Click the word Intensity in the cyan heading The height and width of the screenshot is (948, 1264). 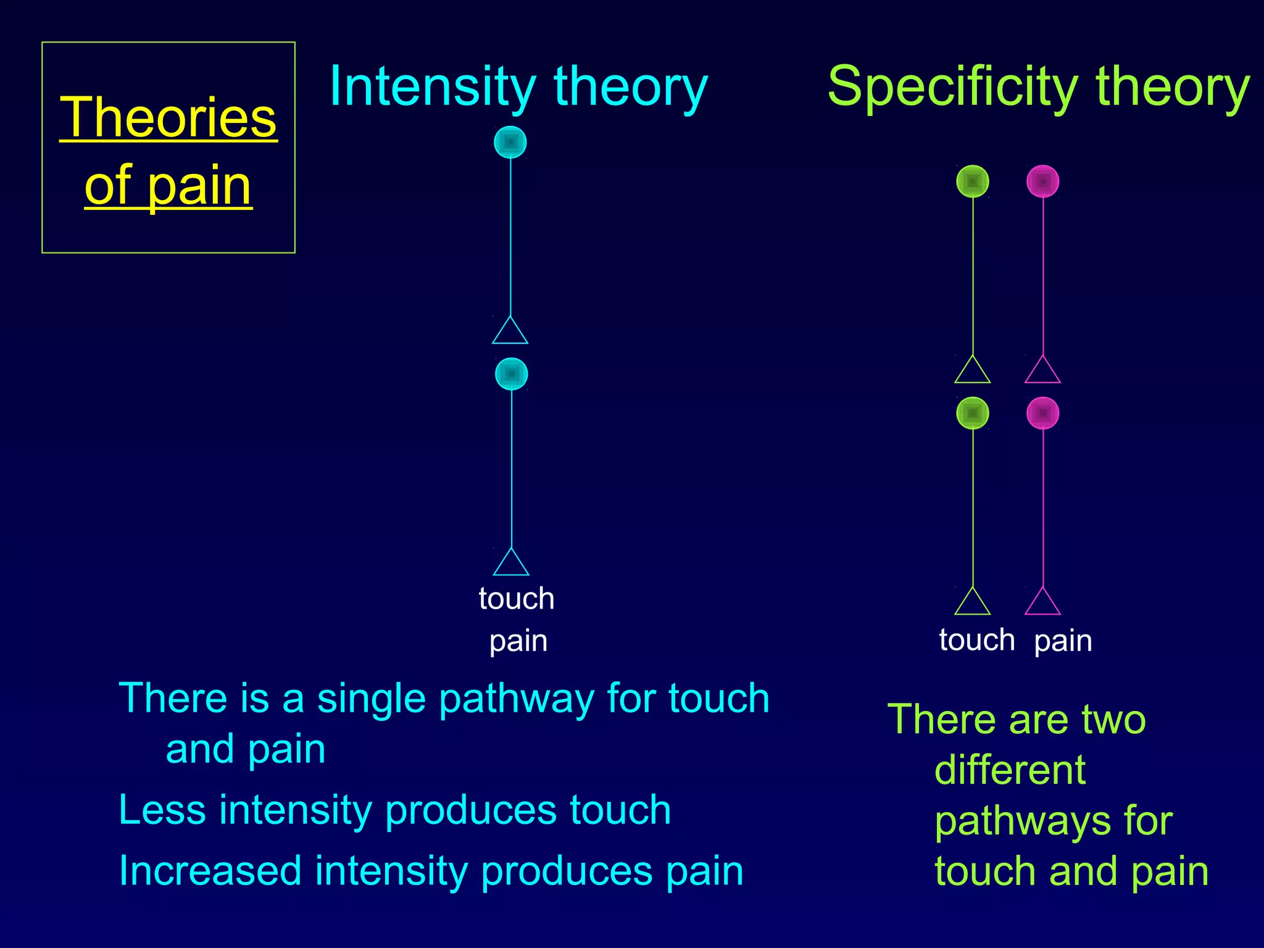(432, 87)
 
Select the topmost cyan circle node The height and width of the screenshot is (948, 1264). (510, 143)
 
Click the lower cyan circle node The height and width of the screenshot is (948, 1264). (512, 374)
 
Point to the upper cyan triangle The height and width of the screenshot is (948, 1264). (510, 332)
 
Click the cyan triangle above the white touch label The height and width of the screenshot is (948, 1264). (511, 563)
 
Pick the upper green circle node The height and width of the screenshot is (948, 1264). (973, 181)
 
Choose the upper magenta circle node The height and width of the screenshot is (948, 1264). (1043, 181)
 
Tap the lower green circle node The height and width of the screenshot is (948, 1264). (973, 413)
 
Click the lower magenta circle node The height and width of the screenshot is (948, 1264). (1043, 413)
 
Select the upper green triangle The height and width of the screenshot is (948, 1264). (973, 372)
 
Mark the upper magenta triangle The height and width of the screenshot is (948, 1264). (1043, 372)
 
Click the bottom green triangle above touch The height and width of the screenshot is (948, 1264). (973, 603)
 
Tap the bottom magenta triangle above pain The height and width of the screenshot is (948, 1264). (1043, 603)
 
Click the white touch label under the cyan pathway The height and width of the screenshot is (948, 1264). (517, 599)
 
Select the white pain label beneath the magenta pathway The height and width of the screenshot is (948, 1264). (1063, 641)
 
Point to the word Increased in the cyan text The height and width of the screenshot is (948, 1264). (210, 871)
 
